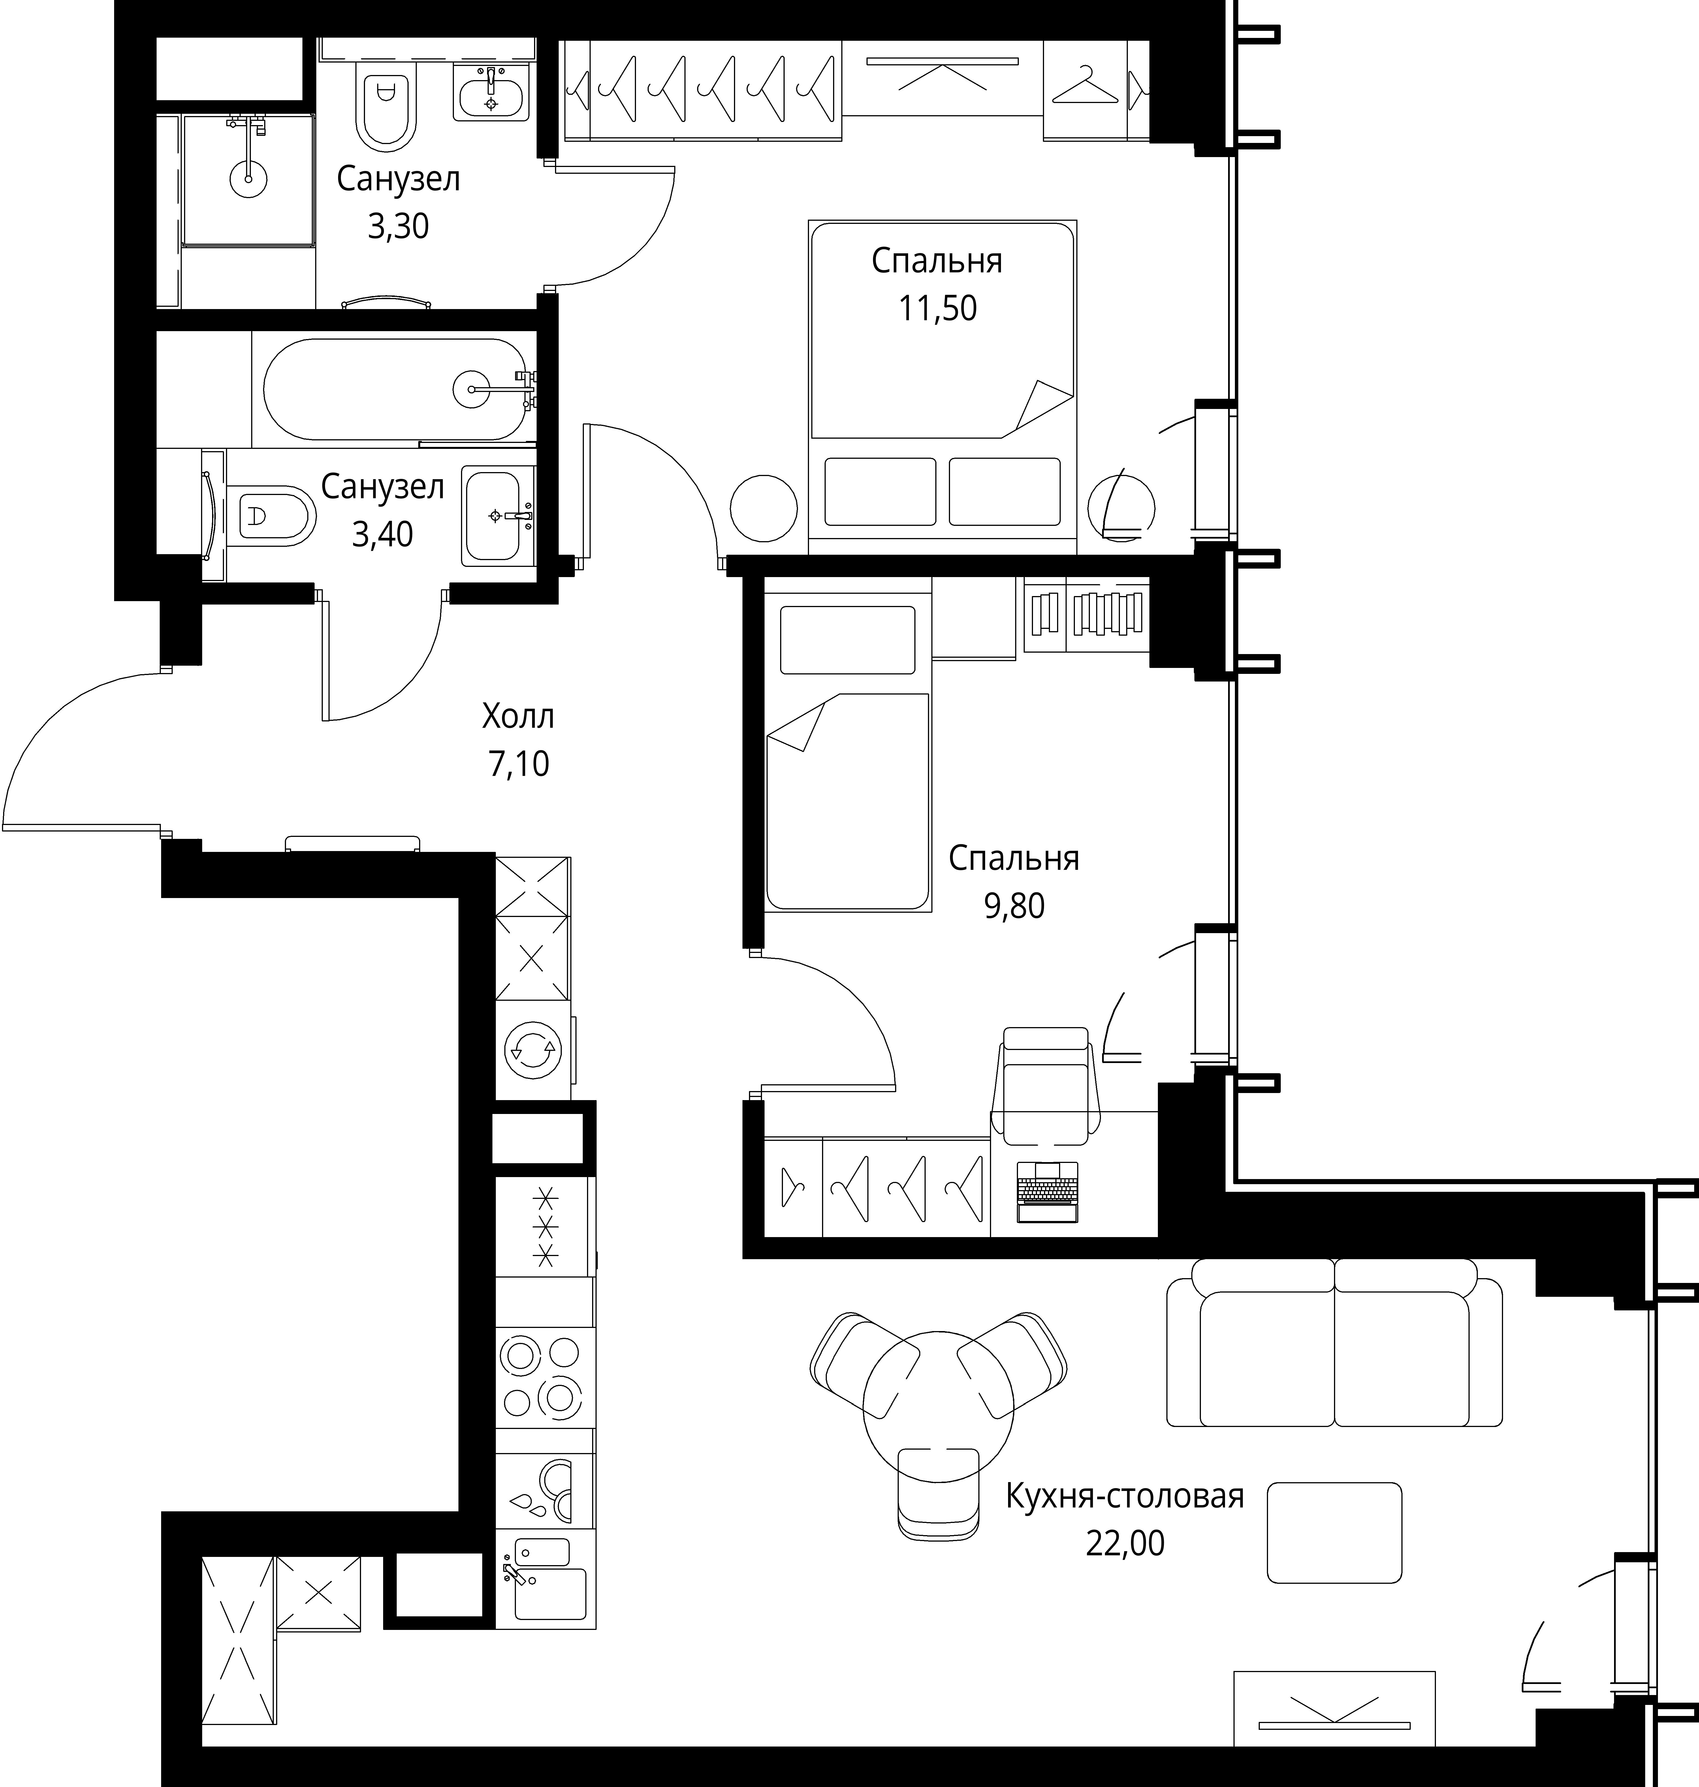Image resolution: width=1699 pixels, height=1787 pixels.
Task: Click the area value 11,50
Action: (x=937, y=309)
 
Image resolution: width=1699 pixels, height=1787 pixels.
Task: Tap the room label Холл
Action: (x=518, y=717)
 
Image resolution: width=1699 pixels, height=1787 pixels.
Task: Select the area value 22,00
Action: (x=1125, y=1542)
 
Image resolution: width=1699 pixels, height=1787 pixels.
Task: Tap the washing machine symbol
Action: (x=533, y=1050)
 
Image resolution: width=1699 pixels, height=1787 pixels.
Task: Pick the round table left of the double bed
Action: (x=763, y=509)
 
